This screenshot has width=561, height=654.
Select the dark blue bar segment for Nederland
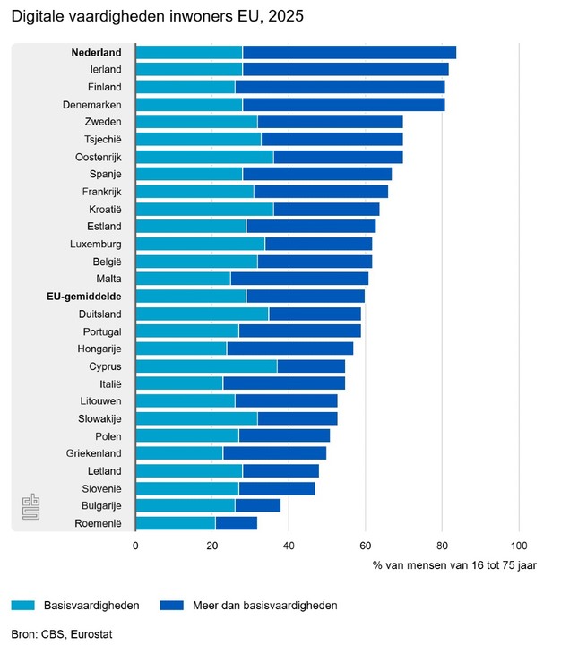coord(350,52)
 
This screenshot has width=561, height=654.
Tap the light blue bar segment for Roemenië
coord(176,523)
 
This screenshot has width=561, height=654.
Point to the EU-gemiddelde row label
coord(84,297)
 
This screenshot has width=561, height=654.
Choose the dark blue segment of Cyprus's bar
coord(311,366)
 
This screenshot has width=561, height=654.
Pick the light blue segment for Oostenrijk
coord(205,157)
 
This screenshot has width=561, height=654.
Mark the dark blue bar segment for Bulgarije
coord(258,506)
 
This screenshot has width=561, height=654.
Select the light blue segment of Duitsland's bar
coord(203,314)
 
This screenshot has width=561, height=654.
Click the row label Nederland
coord(97,52)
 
